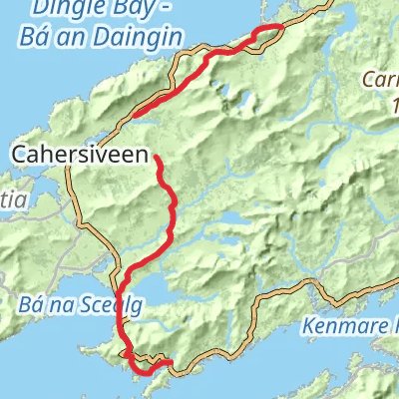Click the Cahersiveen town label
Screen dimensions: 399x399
(83, 155)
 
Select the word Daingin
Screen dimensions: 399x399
(148, 37)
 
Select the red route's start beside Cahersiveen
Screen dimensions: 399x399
(157, 155)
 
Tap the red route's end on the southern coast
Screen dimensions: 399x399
(172, 362)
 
